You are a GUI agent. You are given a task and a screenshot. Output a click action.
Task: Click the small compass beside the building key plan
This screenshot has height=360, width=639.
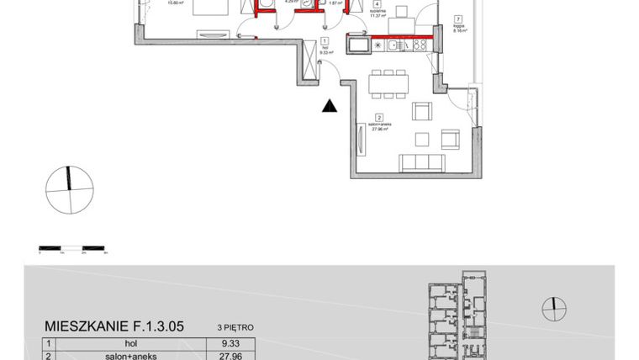[553, 307]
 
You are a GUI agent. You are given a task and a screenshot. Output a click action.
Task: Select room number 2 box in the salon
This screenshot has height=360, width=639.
[379, 118]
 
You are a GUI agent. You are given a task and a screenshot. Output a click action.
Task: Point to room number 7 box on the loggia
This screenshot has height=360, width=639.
[457, 19]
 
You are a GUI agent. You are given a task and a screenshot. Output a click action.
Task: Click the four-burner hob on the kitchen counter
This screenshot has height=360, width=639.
[419, 45]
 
